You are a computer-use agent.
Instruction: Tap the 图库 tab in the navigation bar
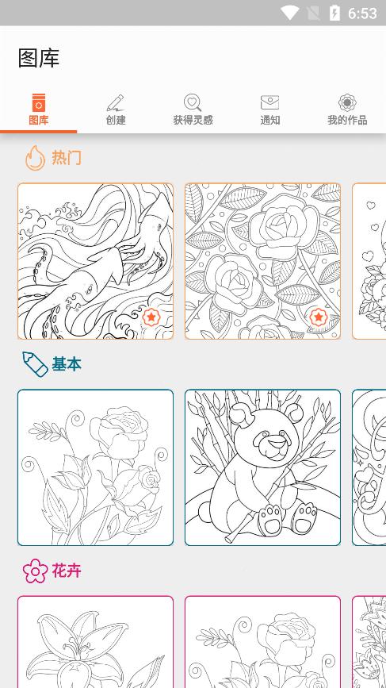(39, 110)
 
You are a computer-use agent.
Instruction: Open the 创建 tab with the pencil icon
(116, 110)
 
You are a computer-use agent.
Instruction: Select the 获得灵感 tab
(193, 110)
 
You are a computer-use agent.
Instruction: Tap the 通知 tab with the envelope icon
(270, 110)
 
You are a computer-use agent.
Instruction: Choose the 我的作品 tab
(347, 110)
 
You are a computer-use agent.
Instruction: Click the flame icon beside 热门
(35, 158)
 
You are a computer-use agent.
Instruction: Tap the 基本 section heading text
(67, 364)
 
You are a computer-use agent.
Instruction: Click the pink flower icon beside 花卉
(35, 571)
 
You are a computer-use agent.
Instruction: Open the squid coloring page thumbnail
(96, 261)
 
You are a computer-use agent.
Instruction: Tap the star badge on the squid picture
(151, 317)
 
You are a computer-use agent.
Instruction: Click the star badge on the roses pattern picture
(318, 317)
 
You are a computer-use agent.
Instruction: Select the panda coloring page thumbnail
(262, 467)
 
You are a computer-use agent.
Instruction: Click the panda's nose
(276, 441)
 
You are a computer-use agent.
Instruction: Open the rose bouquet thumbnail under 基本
(96, 467)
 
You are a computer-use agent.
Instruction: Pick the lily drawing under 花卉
(96, 642)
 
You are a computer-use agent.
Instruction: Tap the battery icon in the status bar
(334, 13)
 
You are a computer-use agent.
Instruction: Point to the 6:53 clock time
(362, 13)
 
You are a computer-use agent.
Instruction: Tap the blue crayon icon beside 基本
(35, 363)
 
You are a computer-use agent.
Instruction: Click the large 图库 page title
(39, 59)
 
